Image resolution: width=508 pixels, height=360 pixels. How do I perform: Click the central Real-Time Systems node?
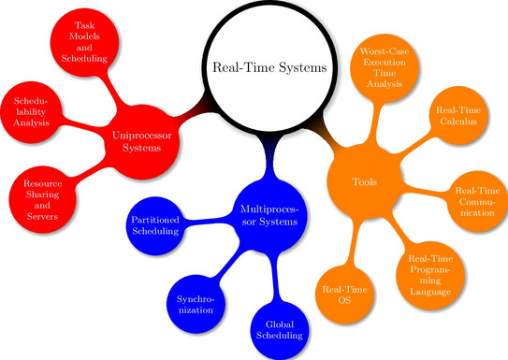(x=269, y=66)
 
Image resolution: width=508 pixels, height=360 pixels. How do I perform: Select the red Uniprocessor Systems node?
(x=142, y=142)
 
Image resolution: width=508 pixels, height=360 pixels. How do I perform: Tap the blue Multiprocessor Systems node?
(x=269, y=216)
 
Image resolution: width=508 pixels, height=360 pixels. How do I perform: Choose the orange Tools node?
(x=365, y=182)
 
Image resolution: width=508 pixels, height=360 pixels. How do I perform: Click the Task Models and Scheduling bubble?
(x=84, y=42)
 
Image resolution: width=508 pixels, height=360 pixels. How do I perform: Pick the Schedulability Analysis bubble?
(x=31, y=112)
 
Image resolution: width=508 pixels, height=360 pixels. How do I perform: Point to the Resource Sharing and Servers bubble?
(x=42, y=199)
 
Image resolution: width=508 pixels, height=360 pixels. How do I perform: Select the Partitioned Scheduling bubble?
(x=155, y=225)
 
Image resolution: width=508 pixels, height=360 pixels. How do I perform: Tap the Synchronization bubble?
(x=196, y=304)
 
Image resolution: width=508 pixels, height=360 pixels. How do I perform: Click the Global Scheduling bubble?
(x=280, y=330)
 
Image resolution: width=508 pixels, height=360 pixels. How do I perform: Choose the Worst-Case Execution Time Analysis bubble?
(x=385, y=67)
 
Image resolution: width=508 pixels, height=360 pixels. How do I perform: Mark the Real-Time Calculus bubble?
(x=458, y=116)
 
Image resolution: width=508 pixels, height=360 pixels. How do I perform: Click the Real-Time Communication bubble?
(x=477, y=201)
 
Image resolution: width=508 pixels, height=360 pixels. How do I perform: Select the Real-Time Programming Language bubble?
(x=430, y=275)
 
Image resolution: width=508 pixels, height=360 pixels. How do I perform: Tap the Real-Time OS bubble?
(x=344, y=295)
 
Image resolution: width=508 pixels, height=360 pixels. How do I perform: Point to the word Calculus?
(x=458, y=122)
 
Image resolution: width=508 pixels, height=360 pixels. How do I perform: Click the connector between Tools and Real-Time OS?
(x=355, y=243)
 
